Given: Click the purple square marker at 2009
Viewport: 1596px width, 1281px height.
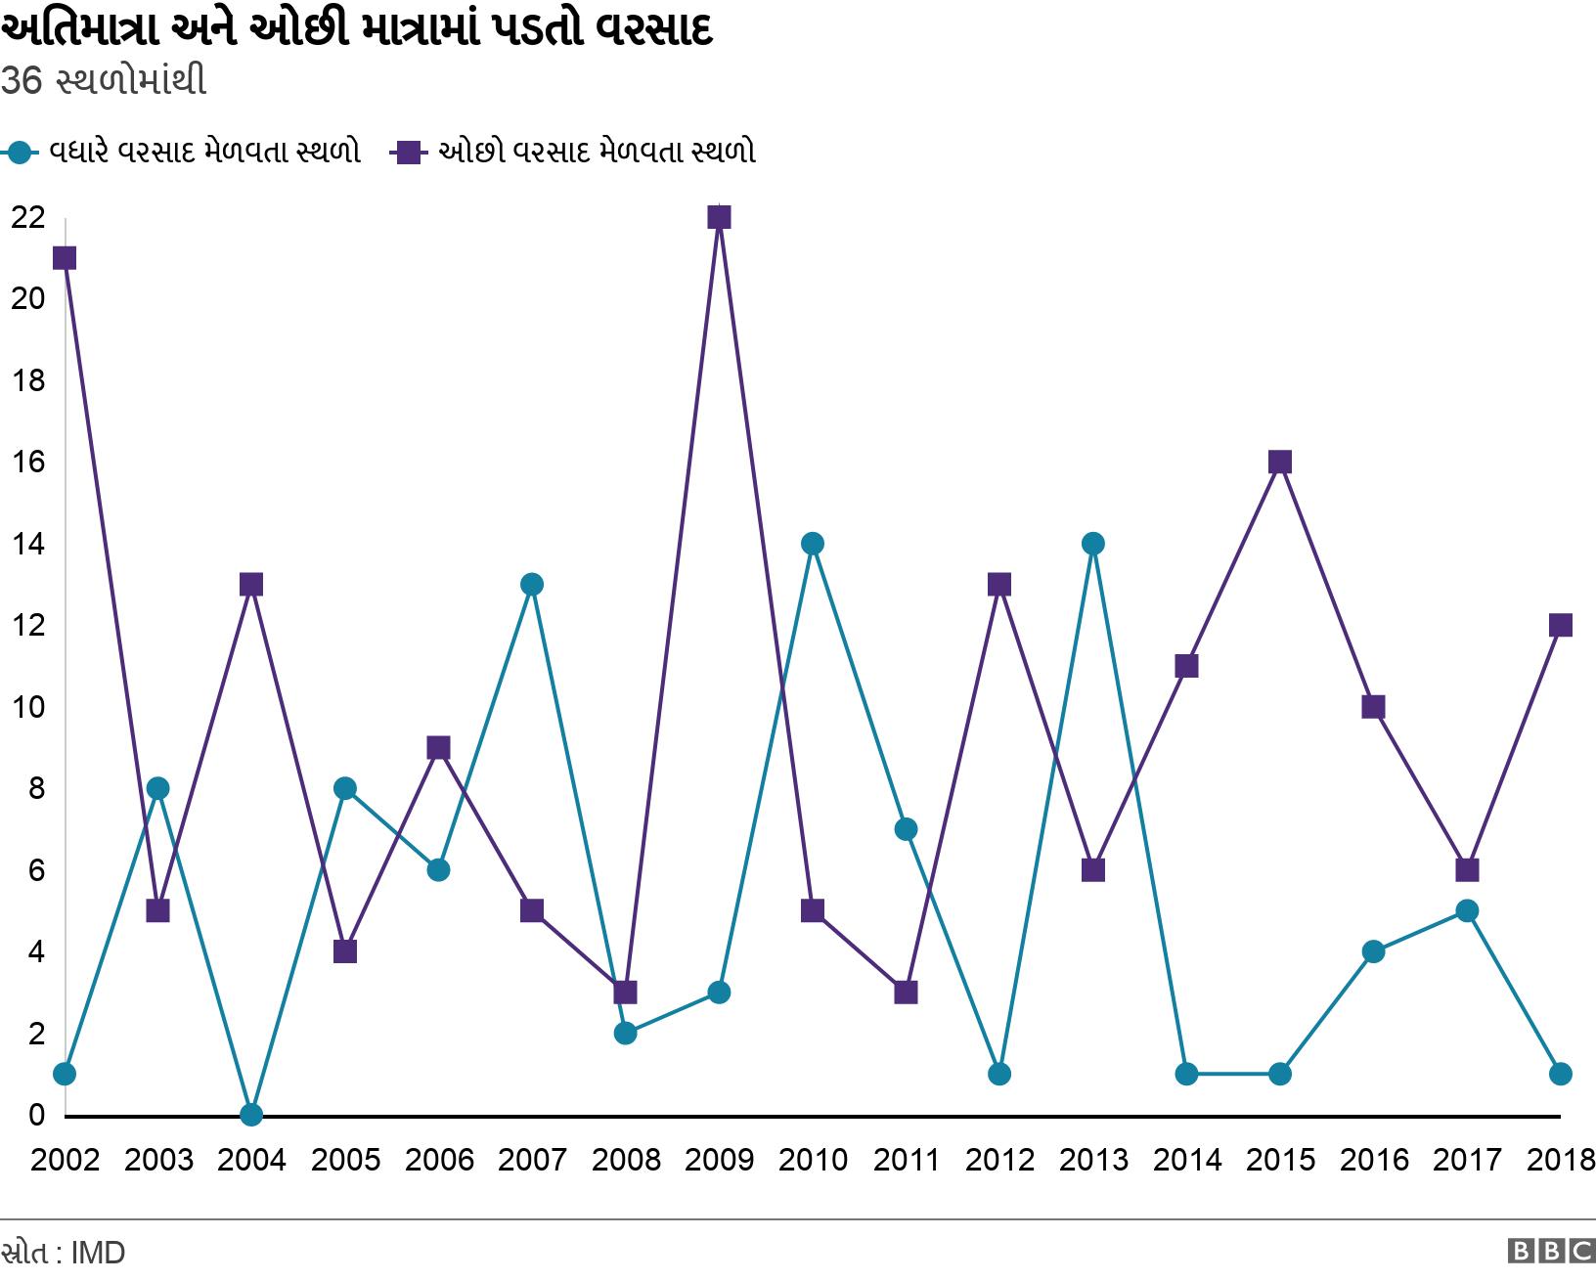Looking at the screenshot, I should [719, 217].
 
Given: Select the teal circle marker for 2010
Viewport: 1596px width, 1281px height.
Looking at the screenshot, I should [813, 544].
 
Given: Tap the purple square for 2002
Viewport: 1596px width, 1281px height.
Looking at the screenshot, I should [65, 258].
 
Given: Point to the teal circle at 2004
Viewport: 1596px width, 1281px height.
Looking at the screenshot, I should [251, 1114].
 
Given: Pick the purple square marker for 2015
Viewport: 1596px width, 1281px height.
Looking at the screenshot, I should [1280, 462].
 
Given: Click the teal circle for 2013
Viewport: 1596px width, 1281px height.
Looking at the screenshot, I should [1093, 544].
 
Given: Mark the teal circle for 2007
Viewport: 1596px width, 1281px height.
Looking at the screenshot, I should [532, 585].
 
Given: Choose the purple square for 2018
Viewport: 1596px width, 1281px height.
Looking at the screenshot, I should [1561, 625].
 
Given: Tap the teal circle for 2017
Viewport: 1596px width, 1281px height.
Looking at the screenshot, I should [1467, 910].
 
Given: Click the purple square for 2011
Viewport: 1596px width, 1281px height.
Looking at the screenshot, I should [906, 993].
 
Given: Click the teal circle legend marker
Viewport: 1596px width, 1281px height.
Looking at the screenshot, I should [20, 153].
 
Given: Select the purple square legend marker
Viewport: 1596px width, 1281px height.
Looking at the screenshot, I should [408, 153].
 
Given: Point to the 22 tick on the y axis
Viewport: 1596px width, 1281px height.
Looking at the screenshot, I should [27, 217].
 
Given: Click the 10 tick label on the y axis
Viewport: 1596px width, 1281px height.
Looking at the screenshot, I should [27, 707].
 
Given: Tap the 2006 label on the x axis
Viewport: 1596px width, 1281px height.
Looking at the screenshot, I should [439, 1161].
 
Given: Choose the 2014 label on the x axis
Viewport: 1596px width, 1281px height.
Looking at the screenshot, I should [1186, 1161].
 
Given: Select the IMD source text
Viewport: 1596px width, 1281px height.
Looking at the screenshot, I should [98, 1253].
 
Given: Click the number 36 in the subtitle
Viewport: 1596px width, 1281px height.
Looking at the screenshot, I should [22, 81].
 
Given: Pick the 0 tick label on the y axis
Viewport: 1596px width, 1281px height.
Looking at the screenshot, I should [37, 1115].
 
